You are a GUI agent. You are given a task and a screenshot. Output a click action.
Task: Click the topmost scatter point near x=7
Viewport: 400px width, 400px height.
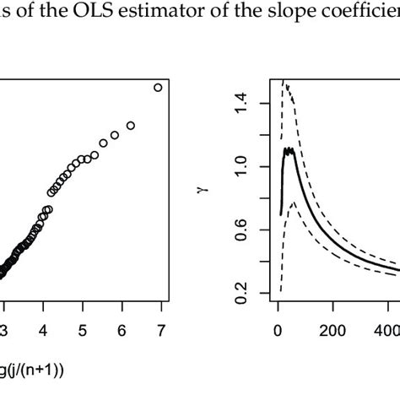[x=158, y=87]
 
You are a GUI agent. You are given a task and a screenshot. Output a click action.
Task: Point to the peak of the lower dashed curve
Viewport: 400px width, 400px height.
[x=293, y=203]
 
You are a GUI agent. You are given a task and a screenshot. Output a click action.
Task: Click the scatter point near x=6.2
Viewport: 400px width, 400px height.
[x=130, y=126]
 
